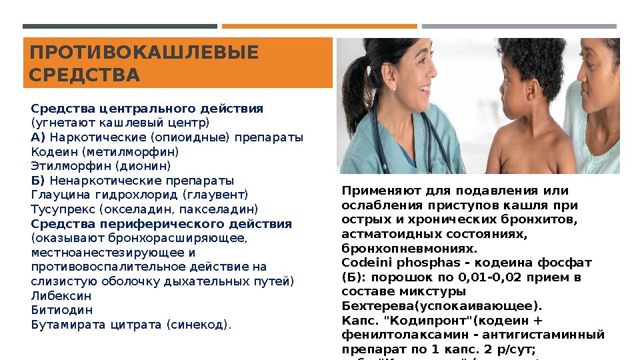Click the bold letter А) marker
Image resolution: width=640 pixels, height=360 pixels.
coord(38,137)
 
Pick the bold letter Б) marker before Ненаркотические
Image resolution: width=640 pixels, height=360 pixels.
coord(38,181)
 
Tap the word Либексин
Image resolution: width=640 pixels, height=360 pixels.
coord(61,296)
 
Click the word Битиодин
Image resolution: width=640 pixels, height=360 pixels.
coord(61,311)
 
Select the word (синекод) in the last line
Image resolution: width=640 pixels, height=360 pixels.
coord(201,325)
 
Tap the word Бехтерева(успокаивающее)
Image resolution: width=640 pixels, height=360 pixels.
coord(442,307)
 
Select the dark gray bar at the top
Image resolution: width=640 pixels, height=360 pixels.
coord(120,27)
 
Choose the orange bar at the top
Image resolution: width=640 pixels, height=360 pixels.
coord(319,27)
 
